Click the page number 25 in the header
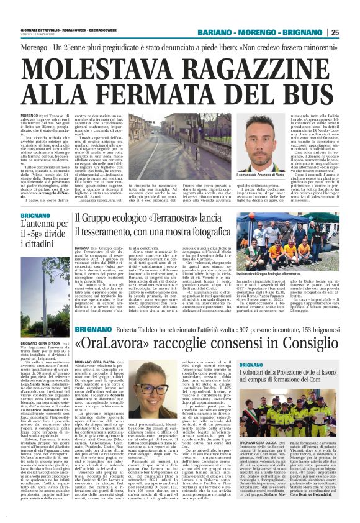pyautogui.click(x=351, y=32)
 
